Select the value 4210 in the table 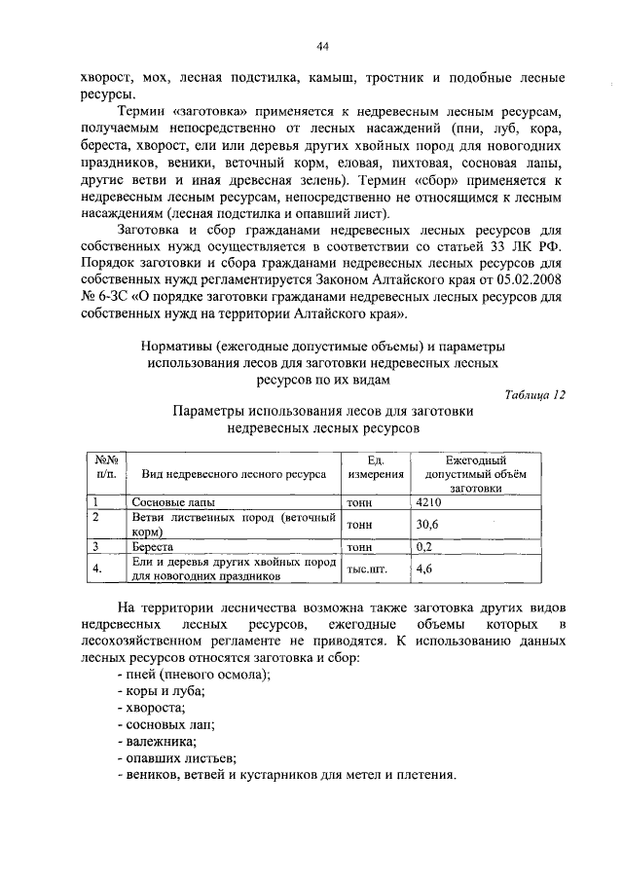click(x=429, y=502)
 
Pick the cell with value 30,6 click(x=426, y=524)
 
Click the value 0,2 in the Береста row click(x=423, y=547)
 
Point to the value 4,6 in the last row click(x=423, y=569)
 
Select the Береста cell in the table click(x=153, y=548)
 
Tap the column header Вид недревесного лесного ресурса click(x=233, y=474)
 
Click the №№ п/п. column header click(x=106, y=466)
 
